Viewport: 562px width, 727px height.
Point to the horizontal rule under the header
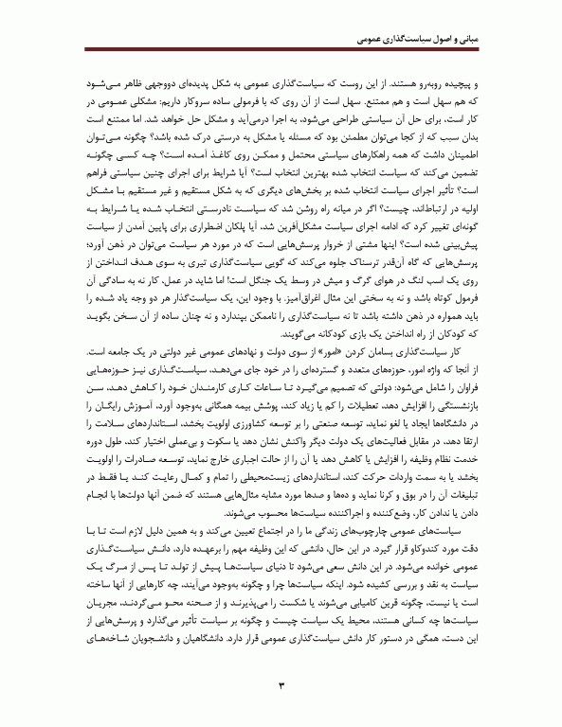point(281,53)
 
